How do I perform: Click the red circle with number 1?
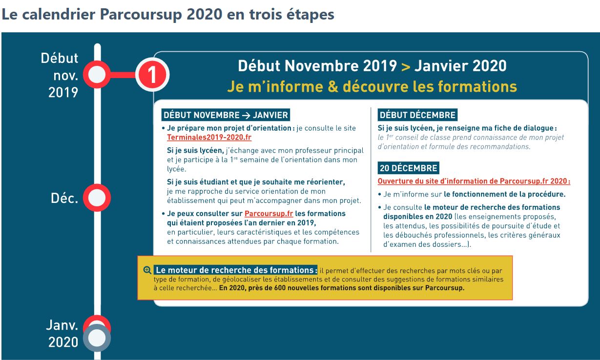point(152,75)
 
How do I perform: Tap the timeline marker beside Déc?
point(97,198)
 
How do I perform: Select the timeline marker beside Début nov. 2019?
point(97,75)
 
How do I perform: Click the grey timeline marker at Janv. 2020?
point(97,338)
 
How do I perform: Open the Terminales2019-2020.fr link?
point(209,138)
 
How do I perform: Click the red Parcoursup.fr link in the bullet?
point(269,214)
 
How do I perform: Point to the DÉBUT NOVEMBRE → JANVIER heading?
point(226,115)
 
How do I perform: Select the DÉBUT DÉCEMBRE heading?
point(417,115)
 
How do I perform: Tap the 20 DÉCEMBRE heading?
point(408,168)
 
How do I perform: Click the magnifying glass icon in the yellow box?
point(147,270)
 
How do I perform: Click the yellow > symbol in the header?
point(405,66)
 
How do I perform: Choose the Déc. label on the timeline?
point(64,199)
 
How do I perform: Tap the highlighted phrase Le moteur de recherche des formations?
point(236,270)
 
